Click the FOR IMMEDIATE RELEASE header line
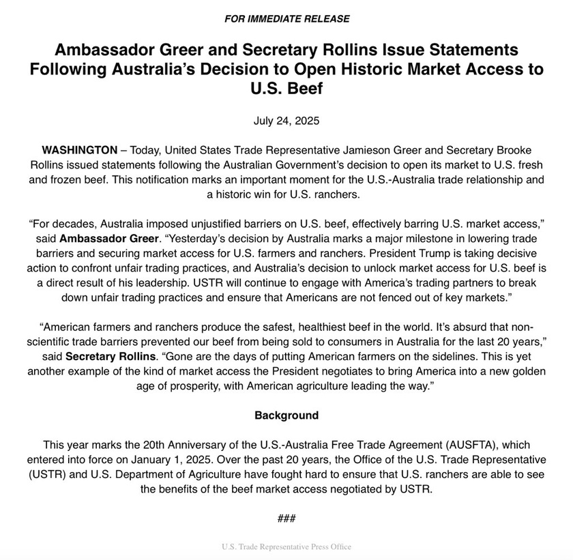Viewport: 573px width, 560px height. tap(286, 18)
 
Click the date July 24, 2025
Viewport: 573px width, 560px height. tap(286, 121)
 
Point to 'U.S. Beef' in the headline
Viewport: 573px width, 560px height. tap(286, 89)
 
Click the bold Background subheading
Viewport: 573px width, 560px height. tap(286, 415)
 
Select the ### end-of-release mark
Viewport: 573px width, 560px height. tap(286, 518)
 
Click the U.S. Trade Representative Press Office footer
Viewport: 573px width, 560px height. tap(286, 547)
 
